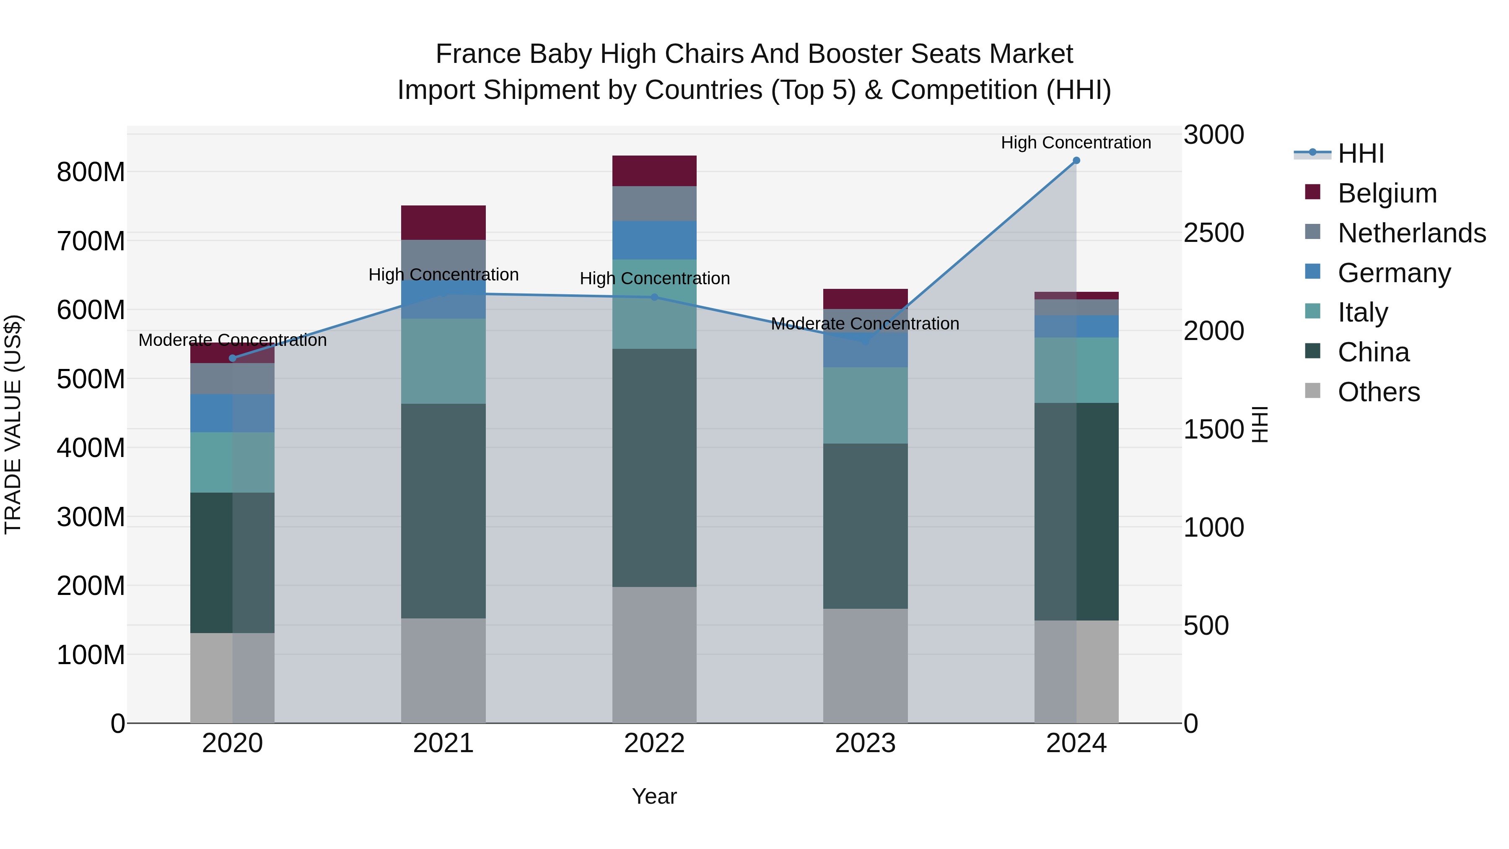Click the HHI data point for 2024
click(x=1076, y=161)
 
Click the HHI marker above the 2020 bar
click(x=233, y=358)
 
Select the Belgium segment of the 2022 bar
click(x=654, y=171)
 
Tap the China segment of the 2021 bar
click(x=443, y=511)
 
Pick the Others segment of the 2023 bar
click(x=865, y=666)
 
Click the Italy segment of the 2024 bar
click(x=1076, y=370)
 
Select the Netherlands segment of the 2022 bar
click(x=654, y=203)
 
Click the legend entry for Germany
click(x=1394, y=273)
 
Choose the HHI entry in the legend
click(x=1361, y=153)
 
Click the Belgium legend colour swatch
click(x=1313, y=192)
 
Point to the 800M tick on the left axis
click(x=91, y=172)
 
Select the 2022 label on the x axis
click(x=654, y=743)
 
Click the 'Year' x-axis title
click(x=654, y=796)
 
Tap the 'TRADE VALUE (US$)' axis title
click(x=13, y=424)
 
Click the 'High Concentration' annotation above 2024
click(x=1076, y=143)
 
